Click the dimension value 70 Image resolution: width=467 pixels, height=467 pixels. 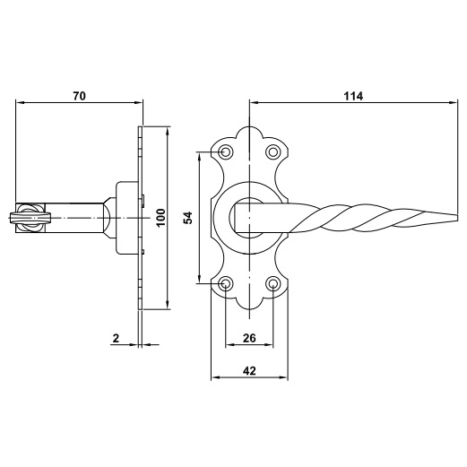pos(79,96)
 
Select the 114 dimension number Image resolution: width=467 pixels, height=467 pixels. pos(353,96)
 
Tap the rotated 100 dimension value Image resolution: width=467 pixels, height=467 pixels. pos(160,218)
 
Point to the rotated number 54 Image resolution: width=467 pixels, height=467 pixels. pos(188,218)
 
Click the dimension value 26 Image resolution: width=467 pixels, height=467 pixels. pos(249,338)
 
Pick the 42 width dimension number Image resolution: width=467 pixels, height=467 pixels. pos(249,371)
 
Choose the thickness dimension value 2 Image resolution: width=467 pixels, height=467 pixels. pos(116,338)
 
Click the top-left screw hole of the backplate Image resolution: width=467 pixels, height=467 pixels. pos(226,152)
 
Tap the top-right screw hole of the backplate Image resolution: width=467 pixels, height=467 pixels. pos(273,152)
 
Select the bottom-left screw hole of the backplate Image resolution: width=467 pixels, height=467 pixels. pos(226,283)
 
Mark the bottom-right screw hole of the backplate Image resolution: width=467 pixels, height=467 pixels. pos(273,283)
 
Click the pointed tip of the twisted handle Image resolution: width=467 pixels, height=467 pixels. pos(457,218)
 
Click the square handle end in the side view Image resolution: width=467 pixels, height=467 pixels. pos(30,218)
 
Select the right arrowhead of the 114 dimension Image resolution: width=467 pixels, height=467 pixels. pos(454,102)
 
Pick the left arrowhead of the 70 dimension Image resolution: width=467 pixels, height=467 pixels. pos(20,102)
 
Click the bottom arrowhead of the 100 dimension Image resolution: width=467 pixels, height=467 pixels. pos(168,305)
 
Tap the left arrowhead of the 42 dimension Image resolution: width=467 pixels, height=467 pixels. pos(215,377)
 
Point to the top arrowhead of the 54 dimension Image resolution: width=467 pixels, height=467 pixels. pos(199,156)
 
